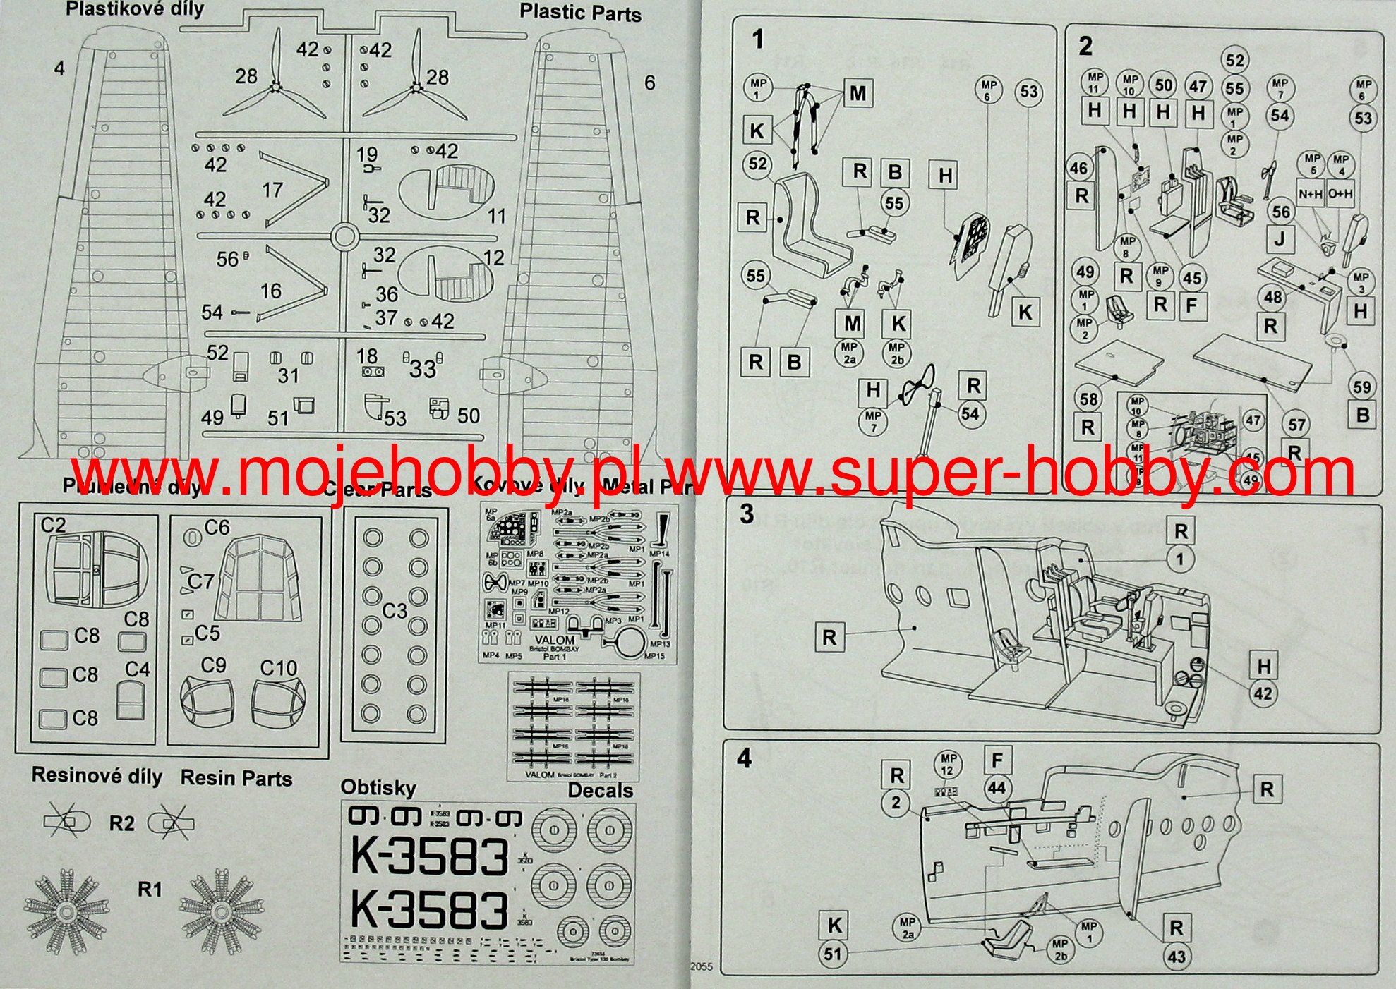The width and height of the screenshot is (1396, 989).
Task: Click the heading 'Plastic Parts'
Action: pos(580,13)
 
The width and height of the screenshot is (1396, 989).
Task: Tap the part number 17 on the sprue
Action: pos(272,190)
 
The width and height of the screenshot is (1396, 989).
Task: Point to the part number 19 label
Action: pos(367,154)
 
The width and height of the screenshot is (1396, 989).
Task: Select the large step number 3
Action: pos(747,514)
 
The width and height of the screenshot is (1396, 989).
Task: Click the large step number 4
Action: pos(745,759)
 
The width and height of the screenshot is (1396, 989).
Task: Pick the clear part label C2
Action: pos(53,526)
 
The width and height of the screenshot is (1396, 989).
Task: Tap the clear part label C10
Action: pos(279,668)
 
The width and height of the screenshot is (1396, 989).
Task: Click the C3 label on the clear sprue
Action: pos(395,610)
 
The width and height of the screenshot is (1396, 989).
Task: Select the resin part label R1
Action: pos(150,890)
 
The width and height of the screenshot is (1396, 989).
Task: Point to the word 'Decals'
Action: pos(600,791)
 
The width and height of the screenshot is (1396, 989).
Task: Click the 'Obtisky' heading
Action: pos(378,787)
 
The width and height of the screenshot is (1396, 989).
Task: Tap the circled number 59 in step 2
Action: pos(1361,387)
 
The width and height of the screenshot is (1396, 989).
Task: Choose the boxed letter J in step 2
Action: pos(1280,240)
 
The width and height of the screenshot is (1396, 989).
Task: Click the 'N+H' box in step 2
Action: pos(1311,194)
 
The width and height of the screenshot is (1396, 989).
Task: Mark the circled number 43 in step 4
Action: pos(1177,957)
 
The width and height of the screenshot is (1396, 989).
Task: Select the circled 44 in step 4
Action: pos(997,788)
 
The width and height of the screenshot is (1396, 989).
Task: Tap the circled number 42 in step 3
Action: pos(1263,693)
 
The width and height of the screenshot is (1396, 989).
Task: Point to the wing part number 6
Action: pos(649,83)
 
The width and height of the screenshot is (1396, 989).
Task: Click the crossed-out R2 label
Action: pos(121,823)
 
